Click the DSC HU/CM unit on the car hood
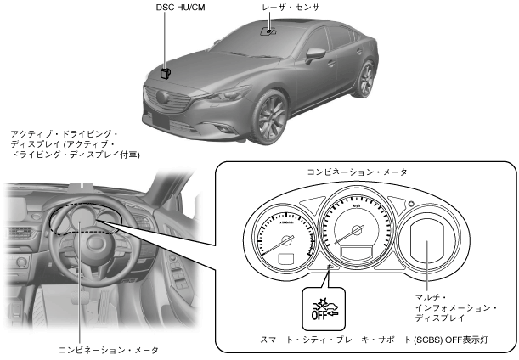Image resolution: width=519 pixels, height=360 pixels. [166, 73]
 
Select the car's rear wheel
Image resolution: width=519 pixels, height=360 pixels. [367, 80]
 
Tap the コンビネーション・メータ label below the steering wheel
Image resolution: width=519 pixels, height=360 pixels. [109, 349]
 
